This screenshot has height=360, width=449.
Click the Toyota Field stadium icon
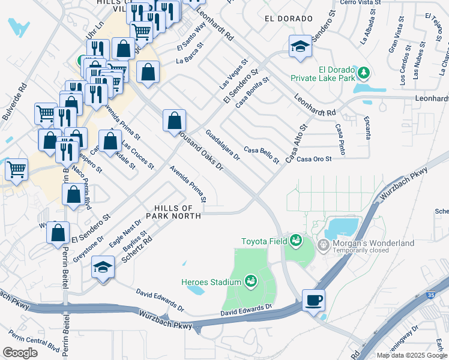[295, 241]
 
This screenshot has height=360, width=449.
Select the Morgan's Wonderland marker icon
[324, 244]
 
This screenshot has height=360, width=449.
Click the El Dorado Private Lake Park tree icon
[363, 73]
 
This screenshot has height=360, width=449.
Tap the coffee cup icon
[313, 299]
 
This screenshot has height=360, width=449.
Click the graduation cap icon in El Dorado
[299, 46]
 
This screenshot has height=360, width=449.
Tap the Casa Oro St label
[314, 159]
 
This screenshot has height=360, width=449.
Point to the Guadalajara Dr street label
[223, 145]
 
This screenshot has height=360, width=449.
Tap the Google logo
[20, 353]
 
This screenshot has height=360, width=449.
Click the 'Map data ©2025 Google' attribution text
[411, 355]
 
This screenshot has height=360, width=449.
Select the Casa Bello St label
[262, 154]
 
